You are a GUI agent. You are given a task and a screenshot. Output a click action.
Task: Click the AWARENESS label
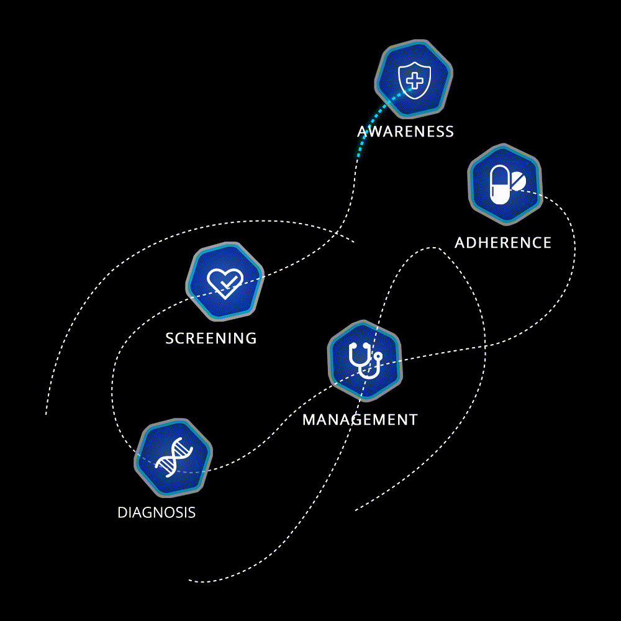tap(406, 132)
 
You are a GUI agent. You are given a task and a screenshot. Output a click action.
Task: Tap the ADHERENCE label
tap(503, 243)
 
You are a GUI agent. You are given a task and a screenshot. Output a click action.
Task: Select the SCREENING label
tap(211, 338)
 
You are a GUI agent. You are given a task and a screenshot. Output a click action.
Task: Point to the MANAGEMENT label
tap(360, 420)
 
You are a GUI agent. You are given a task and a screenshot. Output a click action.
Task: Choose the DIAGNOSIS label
tap(156, 512)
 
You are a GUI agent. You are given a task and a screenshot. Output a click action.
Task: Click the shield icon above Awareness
tap(414, 80)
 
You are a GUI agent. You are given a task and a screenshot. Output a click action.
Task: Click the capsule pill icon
tap(499, 184)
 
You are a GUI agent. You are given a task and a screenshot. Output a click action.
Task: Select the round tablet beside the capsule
tap(519, 181)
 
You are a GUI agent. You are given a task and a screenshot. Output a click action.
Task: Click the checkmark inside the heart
tap(227, 283)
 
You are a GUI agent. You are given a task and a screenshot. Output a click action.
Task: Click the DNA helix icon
tap(174, 457)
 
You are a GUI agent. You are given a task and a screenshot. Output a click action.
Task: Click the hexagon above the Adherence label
tap(504, 184)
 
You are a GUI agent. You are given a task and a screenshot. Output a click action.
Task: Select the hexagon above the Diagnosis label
tap(173, 458)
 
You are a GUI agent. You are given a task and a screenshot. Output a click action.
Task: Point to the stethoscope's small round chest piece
tap(378, 356)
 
